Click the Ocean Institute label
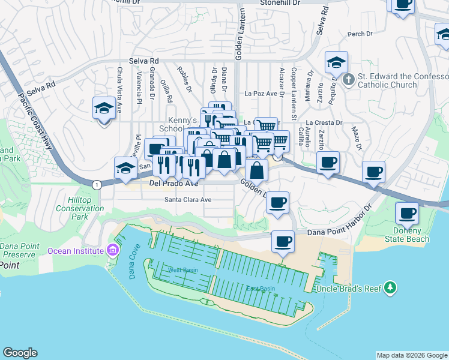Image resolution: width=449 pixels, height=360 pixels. point(75,251)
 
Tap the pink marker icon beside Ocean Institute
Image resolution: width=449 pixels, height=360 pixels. point(112,250)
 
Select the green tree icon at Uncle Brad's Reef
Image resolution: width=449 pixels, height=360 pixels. point(391,288)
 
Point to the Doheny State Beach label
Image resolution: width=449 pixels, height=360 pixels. point(411,235)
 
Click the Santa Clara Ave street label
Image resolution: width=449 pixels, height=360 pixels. point(188,200)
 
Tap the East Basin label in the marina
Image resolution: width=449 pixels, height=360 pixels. point(261,289)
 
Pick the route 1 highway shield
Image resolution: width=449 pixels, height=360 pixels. point(97,184)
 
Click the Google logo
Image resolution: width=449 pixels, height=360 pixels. point(20,353)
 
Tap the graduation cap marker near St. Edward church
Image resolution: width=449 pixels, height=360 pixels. point(337,63)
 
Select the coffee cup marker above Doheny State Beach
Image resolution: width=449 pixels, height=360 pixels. point(407,213)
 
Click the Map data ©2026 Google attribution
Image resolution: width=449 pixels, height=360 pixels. point(411,355)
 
